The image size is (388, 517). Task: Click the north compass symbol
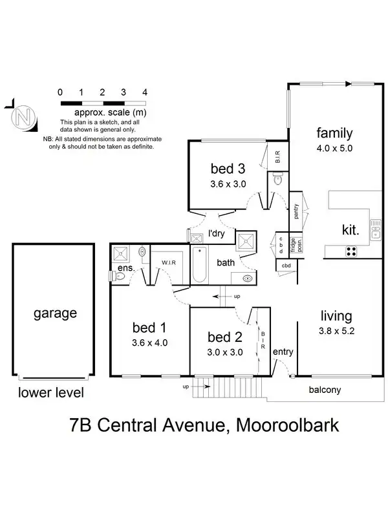point(24,118)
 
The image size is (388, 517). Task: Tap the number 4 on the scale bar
point(144,92)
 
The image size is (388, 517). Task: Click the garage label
point(54,313)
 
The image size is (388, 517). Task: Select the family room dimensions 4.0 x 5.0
point(334,148)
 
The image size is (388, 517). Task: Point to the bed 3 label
point(228,169)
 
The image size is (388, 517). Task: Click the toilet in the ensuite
point(118,276)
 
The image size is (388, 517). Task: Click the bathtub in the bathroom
point(199,265)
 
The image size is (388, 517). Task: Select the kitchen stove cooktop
point(352,251)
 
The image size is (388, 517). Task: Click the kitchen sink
point(376,229)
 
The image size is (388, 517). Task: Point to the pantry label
point(296,211)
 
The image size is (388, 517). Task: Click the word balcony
point(325,390)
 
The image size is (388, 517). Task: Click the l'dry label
point(216,234)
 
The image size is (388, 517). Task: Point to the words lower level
point(51,392)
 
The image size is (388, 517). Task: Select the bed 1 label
point(149,326)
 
